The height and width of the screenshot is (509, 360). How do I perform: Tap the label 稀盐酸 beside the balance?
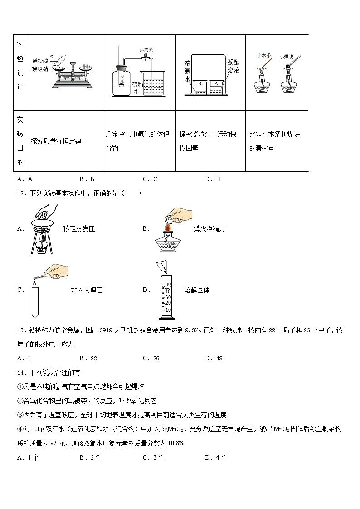pos(40,61)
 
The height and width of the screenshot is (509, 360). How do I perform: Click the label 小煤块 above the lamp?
pos(287,57)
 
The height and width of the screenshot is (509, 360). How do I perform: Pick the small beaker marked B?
pos(200,87)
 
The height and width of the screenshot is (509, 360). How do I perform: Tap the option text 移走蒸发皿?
pos(79,229)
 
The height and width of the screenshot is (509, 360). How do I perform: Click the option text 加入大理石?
pos(87,290)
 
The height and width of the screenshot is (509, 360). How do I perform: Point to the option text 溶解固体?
pos(197,290)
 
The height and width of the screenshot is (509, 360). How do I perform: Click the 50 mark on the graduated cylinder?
pos(168,284)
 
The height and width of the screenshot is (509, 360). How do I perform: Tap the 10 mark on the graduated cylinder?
pos(168,310)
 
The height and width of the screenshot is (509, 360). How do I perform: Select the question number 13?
pos(20,330)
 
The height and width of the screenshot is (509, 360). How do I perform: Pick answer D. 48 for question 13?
pos(214,358)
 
